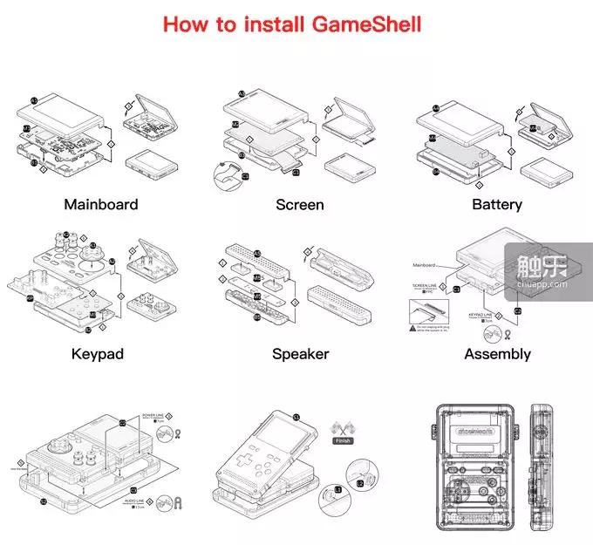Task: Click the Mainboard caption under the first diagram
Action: pos(101,205)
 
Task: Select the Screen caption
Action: pos(299,205)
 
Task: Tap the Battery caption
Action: pos(497,205)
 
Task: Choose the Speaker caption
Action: pos(300,354)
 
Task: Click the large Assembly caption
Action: pos(497,354)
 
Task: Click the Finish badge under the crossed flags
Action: pos(342,442)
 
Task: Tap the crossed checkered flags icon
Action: pos(342,428)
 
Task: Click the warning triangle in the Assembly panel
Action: pos(412,328)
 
